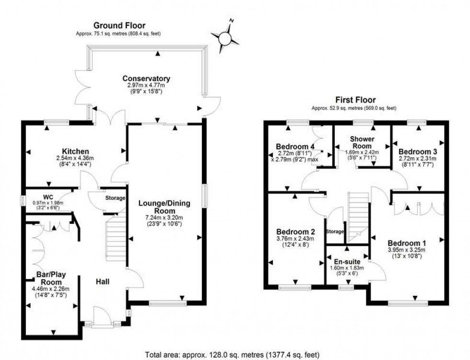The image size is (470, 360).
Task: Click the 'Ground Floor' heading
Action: (119, 25)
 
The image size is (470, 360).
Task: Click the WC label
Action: (47, 196)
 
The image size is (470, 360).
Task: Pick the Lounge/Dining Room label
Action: (164, 207)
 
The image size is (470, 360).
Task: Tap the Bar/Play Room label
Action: (50, 279)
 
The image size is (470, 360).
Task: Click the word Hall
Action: (101, 281)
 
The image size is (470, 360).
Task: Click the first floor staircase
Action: (357, 216)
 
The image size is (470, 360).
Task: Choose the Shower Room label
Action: (363, 142)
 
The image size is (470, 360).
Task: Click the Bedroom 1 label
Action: (406, 242)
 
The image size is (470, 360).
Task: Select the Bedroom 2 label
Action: (292, 232)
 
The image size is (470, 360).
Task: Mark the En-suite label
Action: (347, 261)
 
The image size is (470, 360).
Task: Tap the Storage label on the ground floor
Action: (115, 198)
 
